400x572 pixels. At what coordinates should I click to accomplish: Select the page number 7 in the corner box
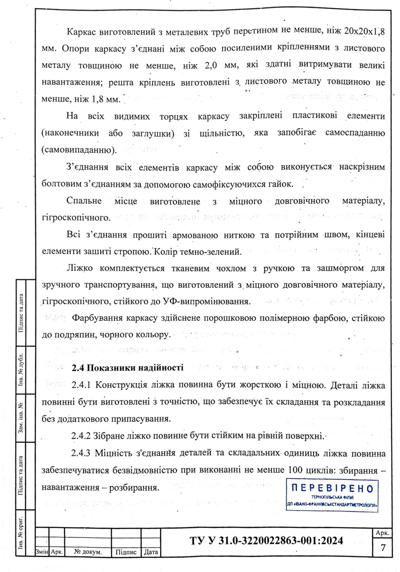click(383, 547)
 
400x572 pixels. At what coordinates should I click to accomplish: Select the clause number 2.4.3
click(81, 454)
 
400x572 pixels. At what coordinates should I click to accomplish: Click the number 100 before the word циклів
click(297, 471)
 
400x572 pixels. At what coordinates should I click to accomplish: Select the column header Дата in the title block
click(150, 552)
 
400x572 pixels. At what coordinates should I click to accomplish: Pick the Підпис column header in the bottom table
click(126, 552)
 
